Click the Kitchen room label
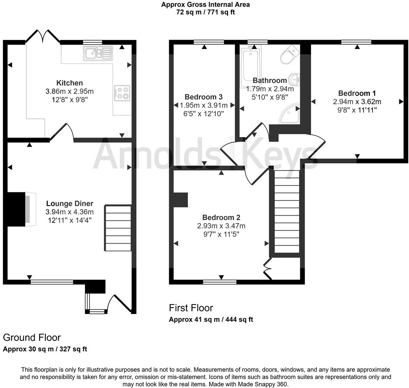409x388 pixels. pyautogui.click(x=70, y=83)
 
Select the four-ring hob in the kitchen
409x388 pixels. pyautogui.click(x=122, y=93)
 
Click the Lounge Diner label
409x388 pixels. pyautogui.click(x=70, y=204)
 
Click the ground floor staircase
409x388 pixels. pyautogui.click(x=118, y=228)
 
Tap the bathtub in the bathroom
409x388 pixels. pyautogui.click(x=250, y=66)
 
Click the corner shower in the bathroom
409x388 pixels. pyautogui.click(x=290, y=113)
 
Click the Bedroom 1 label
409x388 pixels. pyautogui.click(x=357, y=93)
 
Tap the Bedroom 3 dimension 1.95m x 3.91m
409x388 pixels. pyautogui.click(x=204, y=105)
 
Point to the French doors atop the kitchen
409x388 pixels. pyautogui.click(x=43, y=37)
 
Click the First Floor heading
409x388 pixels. pyautogui.click(x=191, y=308)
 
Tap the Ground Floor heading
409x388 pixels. pyautogui.click(x=32, y=338)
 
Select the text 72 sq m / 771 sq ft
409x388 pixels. pyautogui.click(x=205, y=12)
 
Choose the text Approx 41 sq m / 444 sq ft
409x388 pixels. pyautogui.click(x=211, y=319)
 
